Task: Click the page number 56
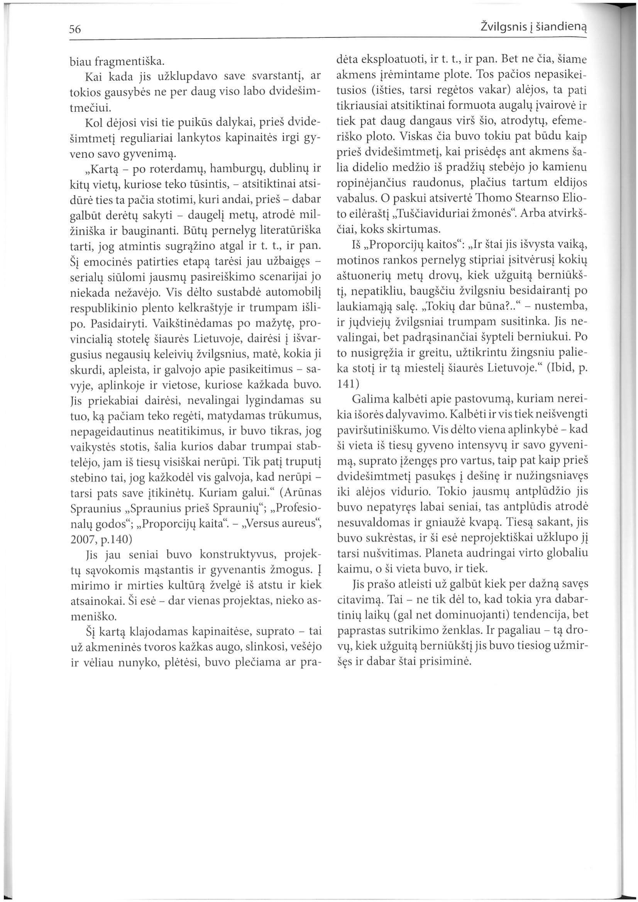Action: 74,29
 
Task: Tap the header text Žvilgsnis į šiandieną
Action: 533,28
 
